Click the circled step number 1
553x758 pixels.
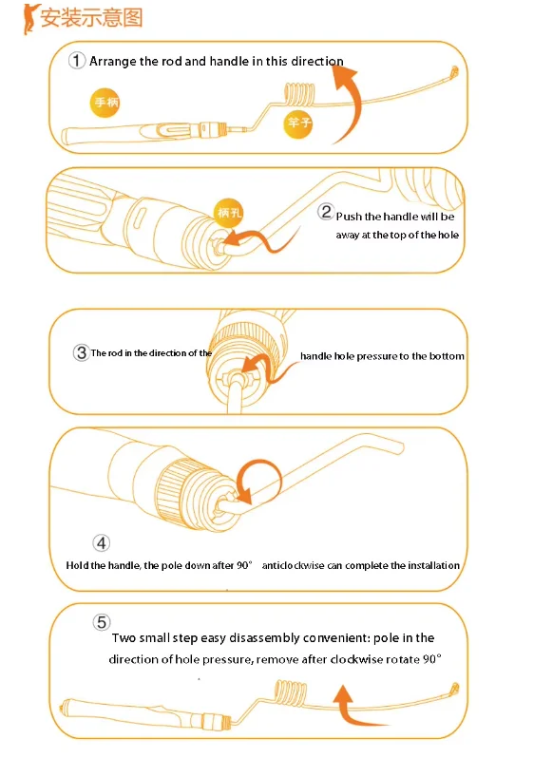pyautogui.click(x=76, y=61)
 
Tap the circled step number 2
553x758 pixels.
pyautogui.click(x=326, y=211)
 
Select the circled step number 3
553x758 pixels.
pyautogui.click(x=81, y=352)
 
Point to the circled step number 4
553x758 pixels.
pyautogui.click(x=101, y=543)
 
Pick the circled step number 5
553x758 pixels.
pyautogui.click(x=102, y=621)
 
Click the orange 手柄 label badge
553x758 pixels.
pyautogui.click(x=105, y=103)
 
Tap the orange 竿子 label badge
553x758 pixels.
pyautogui.click(x=298, y=123)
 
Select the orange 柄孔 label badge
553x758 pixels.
pyautogui.click(x=229, y=213)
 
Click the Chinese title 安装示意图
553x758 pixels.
pyautogui.click(x=91, y=17)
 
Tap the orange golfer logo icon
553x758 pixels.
pyautogui.click(x=30, y=18)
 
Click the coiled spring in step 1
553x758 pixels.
pyautogui.click(x=299, y=94)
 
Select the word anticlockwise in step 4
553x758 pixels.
pyautogui.click(x=293, y=565)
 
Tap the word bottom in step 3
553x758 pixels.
pyautogui.click(x=447, y=356)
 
